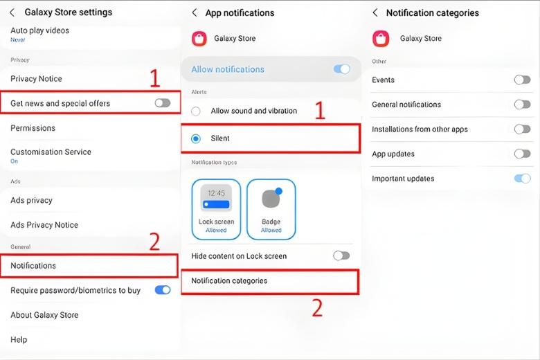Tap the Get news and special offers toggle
click(163, 102)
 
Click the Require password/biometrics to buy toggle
click(163, 290)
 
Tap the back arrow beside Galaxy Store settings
click(12, 12)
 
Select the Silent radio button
click(196, 138)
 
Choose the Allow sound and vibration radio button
click(196, 111)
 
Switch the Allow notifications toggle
click(342, 69)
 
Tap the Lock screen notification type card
click(216, 209)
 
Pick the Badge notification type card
click(271, 209)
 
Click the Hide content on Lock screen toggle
click(341, 255)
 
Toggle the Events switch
click(523, 80)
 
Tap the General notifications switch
click(523, 104)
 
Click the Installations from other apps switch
click(523, 129)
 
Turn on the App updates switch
click(523, 154)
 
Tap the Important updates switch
click(523, 178)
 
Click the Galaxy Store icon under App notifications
click(199, 39)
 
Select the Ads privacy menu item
click(31, 200)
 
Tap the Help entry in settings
click(19, 340)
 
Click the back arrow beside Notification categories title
click(375, 12)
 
